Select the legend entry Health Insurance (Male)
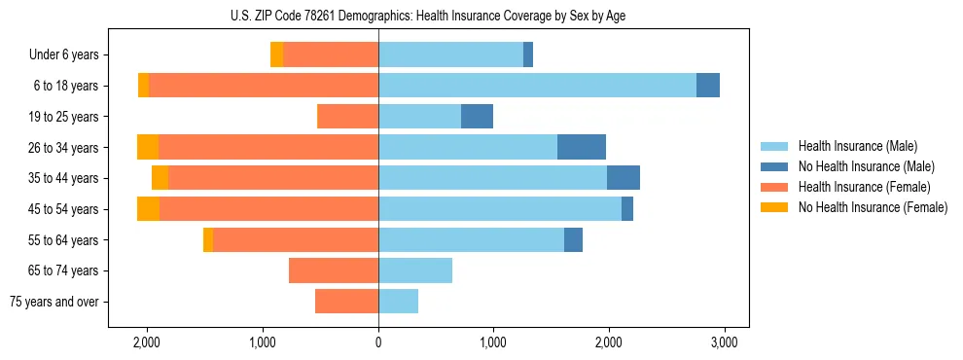tap(856, 146)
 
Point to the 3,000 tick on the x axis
tap(723, 342)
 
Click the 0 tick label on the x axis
tap(378, 342)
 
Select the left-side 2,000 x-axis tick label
tap(147, 342)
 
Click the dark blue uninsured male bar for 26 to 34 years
tap(582, 147)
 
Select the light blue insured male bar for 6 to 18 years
tap(537, 86)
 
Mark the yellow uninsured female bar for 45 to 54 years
tap(148, 208)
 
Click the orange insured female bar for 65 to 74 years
tap(334, 270)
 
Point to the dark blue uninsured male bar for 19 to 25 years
tap(477, 117)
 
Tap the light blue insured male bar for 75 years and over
tap(398, 302)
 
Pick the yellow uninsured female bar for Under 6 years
tap(276, 55)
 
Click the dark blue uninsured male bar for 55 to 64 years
tap(573, 239)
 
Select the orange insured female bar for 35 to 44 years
tap(272, 178)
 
